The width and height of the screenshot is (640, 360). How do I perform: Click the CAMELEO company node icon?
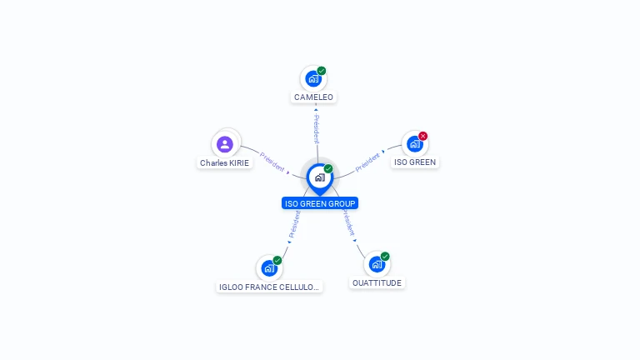[x=312, y=79]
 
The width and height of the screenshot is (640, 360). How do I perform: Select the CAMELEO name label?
[x=313, y=97]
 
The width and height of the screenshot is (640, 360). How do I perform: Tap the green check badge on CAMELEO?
[x=322, y=71]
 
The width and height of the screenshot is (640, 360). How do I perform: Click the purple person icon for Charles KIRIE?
[x=224, y=144]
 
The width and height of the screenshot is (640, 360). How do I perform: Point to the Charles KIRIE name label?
[x=224, y=163]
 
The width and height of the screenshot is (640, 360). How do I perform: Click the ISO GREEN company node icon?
[x=414, y=144]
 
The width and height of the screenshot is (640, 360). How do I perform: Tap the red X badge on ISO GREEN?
[x=423, y=136]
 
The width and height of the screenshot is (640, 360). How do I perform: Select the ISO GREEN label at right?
[x=415, y=162]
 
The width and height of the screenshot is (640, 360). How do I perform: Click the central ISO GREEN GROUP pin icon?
[x=319, y=177]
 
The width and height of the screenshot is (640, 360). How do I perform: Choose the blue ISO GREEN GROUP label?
[x=320, y=203]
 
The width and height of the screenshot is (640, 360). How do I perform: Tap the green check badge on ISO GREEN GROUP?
[x=328, y=169]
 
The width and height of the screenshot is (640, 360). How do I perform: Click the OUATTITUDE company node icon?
[x=377, y=265]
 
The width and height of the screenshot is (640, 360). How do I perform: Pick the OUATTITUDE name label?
[x=377, y=283]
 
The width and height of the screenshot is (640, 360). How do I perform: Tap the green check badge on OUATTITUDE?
[x=385, y=257]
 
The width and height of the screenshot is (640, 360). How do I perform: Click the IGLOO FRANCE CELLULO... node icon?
[x=268, y=268]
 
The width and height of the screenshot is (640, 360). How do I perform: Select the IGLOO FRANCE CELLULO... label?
[x=268, y=287]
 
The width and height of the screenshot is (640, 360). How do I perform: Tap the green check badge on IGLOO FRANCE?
[x=277, y=260]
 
